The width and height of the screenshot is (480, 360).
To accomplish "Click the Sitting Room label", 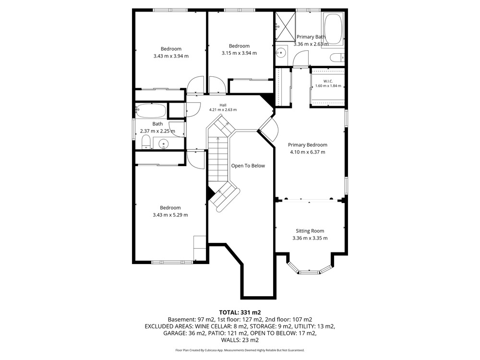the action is pos(310,231).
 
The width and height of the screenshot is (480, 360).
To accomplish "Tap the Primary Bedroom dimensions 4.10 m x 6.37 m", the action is pos(308,152).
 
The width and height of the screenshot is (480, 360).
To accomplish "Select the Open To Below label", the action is pos(248,166).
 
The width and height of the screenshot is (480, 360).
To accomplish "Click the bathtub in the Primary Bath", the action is pos(333,29).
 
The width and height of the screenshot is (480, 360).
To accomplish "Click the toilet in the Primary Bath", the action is pos(337,58).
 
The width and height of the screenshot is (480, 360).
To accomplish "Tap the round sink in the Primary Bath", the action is pos(281,53).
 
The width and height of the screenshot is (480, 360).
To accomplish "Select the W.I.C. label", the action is pos(328,81).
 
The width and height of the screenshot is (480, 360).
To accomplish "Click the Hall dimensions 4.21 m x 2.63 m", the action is pos(223,109).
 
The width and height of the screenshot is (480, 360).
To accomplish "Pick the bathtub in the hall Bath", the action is pos(151,111).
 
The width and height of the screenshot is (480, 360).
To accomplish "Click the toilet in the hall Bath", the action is pos(146,143).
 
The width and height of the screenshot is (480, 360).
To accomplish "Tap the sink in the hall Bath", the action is pos(164,143).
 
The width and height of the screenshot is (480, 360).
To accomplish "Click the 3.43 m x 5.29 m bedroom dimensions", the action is pos(170,215).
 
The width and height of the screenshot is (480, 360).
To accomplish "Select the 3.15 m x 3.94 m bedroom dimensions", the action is pos(239,53).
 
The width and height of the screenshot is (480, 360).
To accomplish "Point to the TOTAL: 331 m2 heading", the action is pos(240,312).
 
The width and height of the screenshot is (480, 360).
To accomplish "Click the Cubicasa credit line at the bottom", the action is pos(240,350).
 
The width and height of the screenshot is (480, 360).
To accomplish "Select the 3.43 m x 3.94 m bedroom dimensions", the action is pos(171,56).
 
